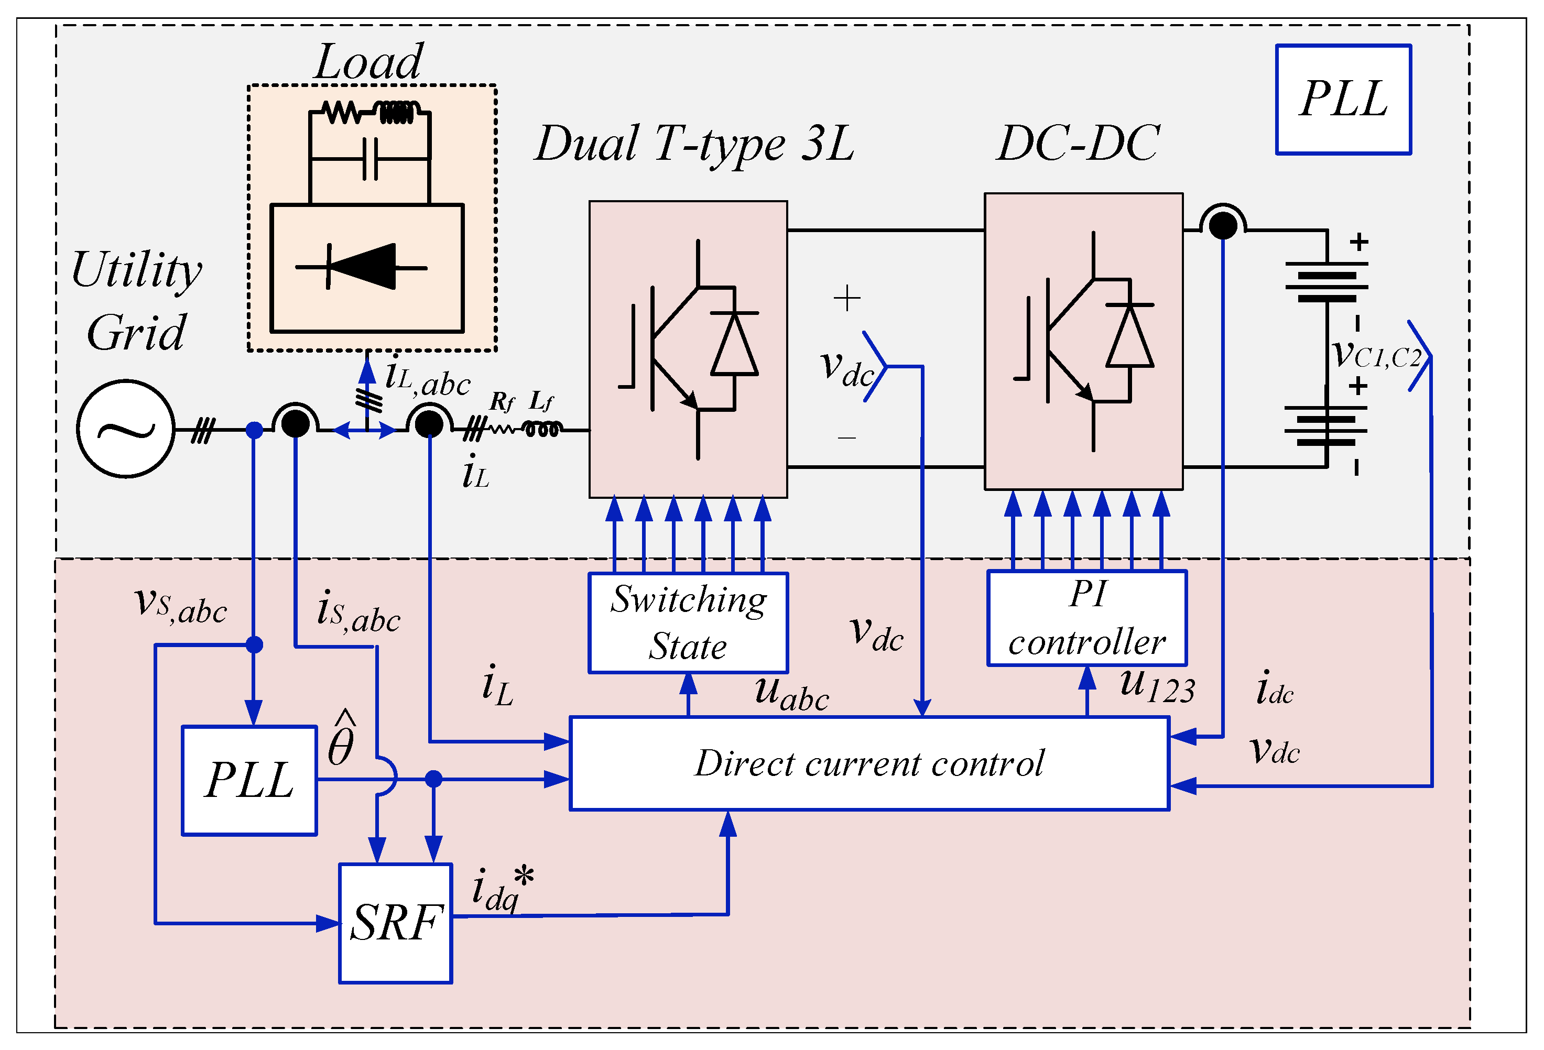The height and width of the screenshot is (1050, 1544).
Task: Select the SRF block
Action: pos(395,923)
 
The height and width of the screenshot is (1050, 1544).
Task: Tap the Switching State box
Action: pos(688,622)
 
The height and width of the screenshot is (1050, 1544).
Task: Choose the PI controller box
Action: pos(1087,618)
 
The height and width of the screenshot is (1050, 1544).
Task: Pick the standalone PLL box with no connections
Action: pos(1343,100)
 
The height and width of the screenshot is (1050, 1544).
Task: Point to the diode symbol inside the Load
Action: pos(362,267)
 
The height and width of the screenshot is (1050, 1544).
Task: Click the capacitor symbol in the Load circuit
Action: pos(371,159)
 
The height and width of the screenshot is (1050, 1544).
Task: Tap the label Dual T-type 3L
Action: pos(694,144)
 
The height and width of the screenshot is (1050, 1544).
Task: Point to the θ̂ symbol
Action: pos(342,739)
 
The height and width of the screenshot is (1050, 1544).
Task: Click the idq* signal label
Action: pos(503,889)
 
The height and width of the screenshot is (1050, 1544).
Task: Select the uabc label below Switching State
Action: pos(792,693)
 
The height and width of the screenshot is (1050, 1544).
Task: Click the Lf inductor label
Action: pos(541,401)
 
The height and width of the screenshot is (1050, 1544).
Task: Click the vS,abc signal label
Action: pos(181,605)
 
